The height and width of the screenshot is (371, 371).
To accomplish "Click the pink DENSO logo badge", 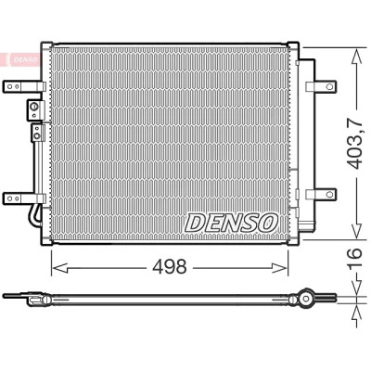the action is (x=20, y=59).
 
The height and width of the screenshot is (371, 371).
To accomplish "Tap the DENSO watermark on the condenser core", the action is (x=232, y=223).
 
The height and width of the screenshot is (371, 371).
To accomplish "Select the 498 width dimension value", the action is (x=170, y=266).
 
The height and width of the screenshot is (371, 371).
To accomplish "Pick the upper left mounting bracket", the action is (x=24, y=86).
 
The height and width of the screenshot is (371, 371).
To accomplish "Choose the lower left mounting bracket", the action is (x=24, y=198).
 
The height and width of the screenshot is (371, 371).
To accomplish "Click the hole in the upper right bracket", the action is (x=330, y=86).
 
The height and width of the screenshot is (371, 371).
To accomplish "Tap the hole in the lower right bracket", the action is (x=330, y=194).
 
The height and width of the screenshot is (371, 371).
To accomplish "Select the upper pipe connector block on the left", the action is (x=35, y=109).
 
